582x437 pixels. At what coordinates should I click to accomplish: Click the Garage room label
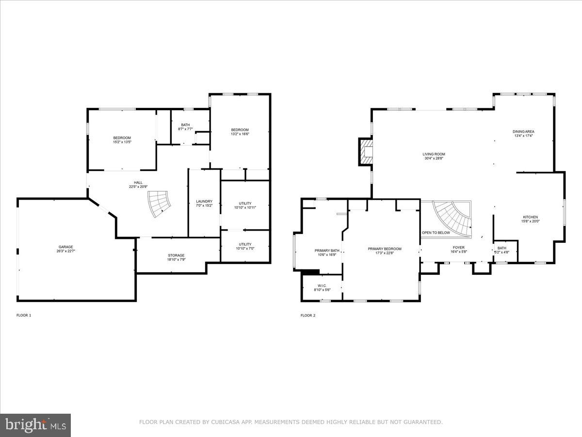coord(66,247)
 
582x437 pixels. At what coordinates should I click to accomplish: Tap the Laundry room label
coord(204,202)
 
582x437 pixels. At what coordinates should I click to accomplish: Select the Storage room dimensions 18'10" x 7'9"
coord(176,260)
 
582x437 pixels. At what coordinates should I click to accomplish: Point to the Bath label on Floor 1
coord(185,125)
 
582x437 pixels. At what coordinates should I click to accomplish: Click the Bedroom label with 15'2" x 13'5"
coord(122,138)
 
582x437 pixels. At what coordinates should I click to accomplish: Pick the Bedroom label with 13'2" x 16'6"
coord(240,130)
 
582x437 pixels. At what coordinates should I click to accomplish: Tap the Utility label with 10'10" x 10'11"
coord(245,203)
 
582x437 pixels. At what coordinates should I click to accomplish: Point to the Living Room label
coord(434,154)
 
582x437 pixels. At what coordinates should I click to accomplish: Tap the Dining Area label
coord(523,132)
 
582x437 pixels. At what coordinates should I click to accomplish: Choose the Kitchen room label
coord(530,217)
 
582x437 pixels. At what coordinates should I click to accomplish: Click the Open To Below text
coord(436,233)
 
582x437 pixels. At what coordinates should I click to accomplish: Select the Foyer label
coord(459,247)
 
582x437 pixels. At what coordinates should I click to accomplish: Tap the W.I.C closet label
coord(322,286)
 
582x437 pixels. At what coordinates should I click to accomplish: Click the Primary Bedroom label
coord(385,249)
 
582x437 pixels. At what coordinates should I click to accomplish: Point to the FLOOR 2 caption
coord(308,316)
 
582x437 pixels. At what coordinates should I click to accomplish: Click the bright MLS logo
coord(35,425)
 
